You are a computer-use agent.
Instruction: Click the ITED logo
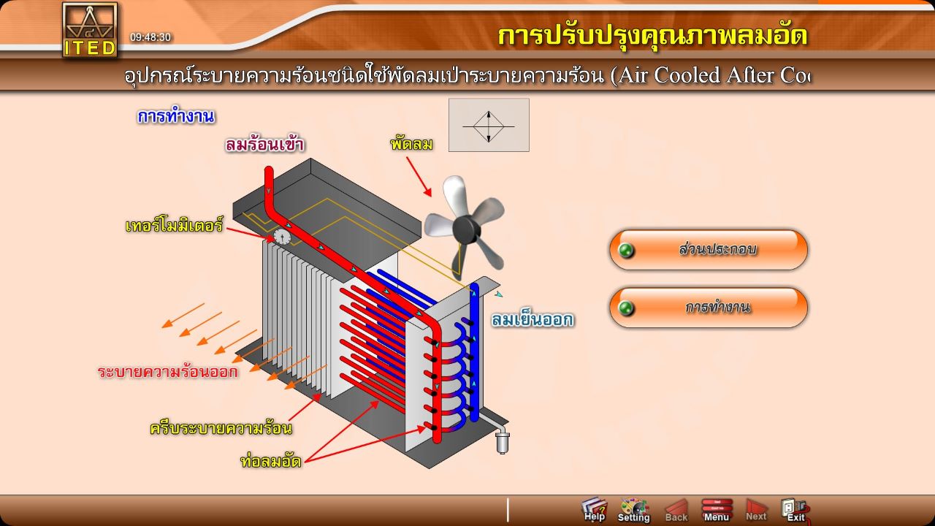[x=89, y=30]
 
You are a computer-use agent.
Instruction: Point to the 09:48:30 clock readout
[x=150, y=37]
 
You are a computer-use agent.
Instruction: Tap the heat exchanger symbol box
[x=489, y=126]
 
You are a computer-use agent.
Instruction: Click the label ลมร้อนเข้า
[x=264, y=145]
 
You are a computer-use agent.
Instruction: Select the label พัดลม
[x=411, y=144]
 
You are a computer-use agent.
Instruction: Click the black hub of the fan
[x=465, y=232]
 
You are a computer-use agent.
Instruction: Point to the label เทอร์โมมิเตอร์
[x=174, y=226]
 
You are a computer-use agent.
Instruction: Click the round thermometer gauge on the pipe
[x=282, y=237]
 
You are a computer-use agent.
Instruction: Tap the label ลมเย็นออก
[x=532, y=320]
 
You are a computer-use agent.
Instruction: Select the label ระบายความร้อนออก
[x=168, y=372]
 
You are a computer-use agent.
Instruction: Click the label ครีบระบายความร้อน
[x=221, y=428]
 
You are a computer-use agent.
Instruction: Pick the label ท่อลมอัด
[x=270, y=461]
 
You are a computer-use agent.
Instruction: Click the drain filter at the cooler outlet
[x=502, y=441]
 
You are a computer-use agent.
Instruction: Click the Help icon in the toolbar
[x=595, y=509]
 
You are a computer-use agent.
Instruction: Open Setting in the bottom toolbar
[x=633, y=509]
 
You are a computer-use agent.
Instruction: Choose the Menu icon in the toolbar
[x=717, y=509]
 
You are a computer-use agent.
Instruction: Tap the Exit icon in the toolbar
[x=794, y=509]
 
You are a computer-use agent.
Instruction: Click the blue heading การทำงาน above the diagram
[x=175, y=116]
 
